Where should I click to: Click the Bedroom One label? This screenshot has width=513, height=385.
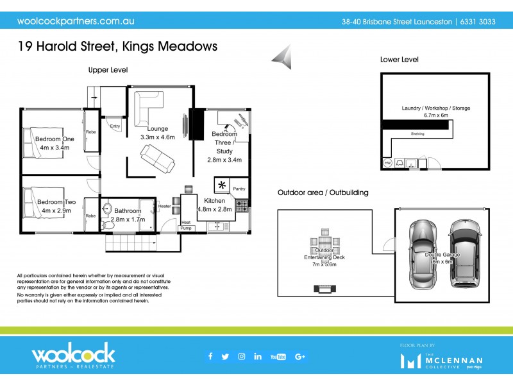tap(55, 143)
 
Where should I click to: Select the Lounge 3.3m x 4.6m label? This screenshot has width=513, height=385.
tap(158, 132)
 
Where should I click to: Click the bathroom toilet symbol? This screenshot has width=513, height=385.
tap(107, 212)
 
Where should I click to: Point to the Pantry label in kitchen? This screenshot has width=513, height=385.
tap(239, 189)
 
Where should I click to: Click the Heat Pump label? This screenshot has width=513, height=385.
tap(186, 225)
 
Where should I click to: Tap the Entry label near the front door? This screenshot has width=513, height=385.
tap(115, 126)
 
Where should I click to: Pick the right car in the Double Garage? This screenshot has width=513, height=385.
tap(463, 253)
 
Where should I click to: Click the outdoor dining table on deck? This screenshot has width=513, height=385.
tap(323, 245)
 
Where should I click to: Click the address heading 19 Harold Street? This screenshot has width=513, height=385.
tap(117, 46)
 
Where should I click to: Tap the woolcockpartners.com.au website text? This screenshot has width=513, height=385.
tap(75, 21)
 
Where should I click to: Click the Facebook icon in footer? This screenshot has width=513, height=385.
tap(210, 357)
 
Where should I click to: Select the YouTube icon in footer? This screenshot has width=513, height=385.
tap(278, 357)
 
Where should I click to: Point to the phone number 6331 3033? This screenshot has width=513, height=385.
tap(478, 21)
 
